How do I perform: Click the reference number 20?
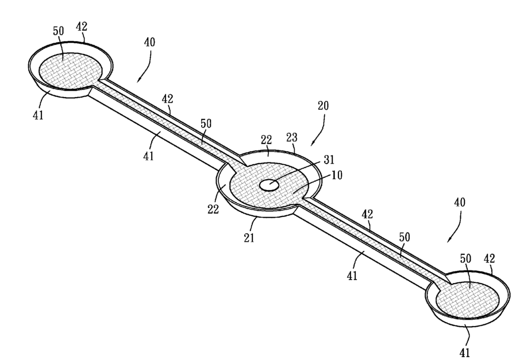click(323, 106)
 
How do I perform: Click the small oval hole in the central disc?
click(269, 184)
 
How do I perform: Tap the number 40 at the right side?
click(459, 203)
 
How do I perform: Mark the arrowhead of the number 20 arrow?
click(311, 144)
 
